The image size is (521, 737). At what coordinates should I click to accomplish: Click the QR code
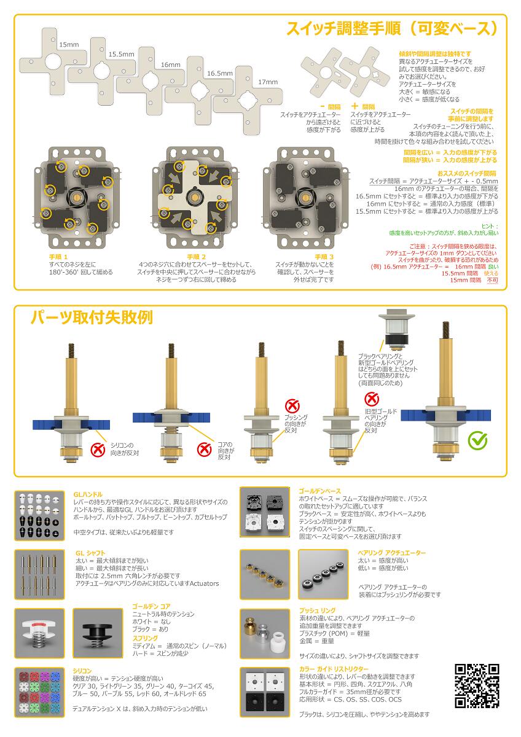pyautogui.click(x=476, y=685)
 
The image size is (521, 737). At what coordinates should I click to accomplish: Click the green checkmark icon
pyautogui.click(x=478, y=440)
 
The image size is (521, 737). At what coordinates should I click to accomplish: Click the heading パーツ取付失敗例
pyautogui.click(x=92, y=318)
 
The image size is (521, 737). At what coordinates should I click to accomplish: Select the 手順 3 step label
pyautogui.click(x=324, y=256)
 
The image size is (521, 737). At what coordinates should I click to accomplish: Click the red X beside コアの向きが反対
pyautogui.click(x=205, y=449)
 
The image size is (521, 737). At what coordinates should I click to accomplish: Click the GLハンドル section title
pyautogui.click(x=88, y=494)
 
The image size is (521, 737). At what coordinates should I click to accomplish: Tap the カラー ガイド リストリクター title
pyautogui.click(x=334, y=668)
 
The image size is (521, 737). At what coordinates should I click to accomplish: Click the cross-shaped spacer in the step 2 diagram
pyautogui.click(x=190, y=197)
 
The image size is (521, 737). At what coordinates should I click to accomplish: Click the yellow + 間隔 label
pyautogui.click(x=363, y=106)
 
